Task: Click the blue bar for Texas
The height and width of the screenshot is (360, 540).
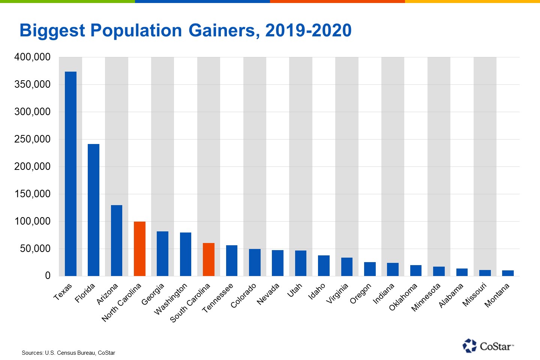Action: tap(70, 174)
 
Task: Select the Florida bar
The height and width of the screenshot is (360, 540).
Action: tap(93, 210)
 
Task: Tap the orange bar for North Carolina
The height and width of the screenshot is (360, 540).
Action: tap(139, 249)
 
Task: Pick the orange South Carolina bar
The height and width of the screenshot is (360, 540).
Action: tap(208, 259)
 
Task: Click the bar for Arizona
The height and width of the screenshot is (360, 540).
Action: tap(117, 240)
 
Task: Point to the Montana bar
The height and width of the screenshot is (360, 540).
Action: tap(508, 273)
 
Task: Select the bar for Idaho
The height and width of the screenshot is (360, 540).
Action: tap(324, 265)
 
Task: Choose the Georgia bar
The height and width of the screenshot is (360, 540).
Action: tap(162, 253)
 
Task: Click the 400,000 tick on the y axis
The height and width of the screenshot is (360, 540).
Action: tap(32, 57)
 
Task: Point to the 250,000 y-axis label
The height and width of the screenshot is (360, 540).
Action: tap(32, 139)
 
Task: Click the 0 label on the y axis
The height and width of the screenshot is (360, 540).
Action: tap(48, 276)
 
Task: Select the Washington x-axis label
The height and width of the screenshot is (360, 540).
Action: tap(171, 298)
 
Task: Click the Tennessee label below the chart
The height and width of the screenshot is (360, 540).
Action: tap(218, 298)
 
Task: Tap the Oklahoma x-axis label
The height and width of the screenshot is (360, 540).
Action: tap(403, 297)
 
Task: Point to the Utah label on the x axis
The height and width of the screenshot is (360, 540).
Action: tap(295, 290)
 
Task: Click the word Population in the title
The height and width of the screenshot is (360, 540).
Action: tap(136, 30)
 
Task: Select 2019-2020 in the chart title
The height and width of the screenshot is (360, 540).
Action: tap(308, 30)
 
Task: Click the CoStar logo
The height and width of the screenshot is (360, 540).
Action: tap(488, 346)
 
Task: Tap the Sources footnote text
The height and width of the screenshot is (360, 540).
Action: tap(68, 353)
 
